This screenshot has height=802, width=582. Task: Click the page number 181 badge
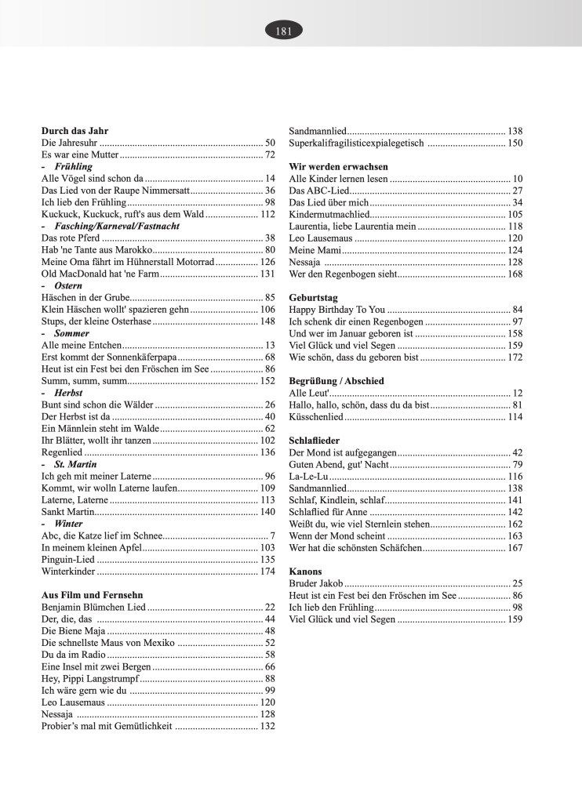(284, 31)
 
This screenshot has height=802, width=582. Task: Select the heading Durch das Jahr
(75, 131)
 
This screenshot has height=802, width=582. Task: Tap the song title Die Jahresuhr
(69, 143)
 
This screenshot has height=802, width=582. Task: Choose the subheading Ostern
(68, 285)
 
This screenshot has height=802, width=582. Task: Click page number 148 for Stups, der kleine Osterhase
(267, 321)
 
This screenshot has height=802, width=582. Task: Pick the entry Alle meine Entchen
(81, 345)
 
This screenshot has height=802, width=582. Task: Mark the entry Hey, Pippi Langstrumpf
(90, 678)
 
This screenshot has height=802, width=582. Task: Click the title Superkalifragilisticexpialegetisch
(357, 143)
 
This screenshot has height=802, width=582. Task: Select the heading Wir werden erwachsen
(339, 167)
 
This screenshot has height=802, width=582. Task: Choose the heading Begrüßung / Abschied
(336, 380)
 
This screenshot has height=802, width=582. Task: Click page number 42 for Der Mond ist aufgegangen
(517, 452)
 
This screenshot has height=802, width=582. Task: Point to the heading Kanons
(305, 571)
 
